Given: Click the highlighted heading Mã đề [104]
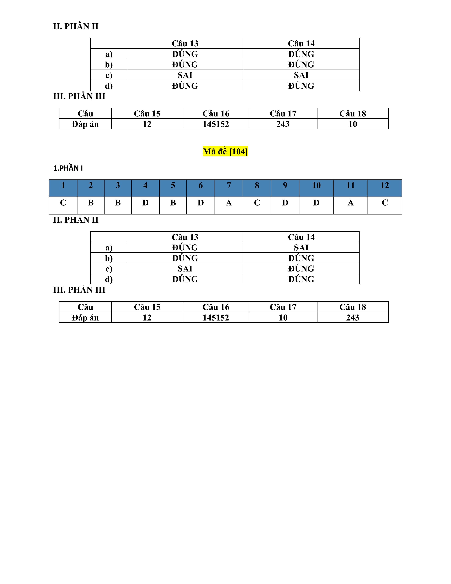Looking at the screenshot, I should (x=225, y=151).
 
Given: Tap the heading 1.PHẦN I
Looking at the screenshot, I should (x=68, y=168).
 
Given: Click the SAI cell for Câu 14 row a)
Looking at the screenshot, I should (x=301, y=248).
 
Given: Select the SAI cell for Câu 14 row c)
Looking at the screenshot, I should (x=301, y=75).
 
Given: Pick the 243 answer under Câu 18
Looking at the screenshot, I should (x=353, y=318).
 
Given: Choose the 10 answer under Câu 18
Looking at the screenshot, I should (x=353, y=124).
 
